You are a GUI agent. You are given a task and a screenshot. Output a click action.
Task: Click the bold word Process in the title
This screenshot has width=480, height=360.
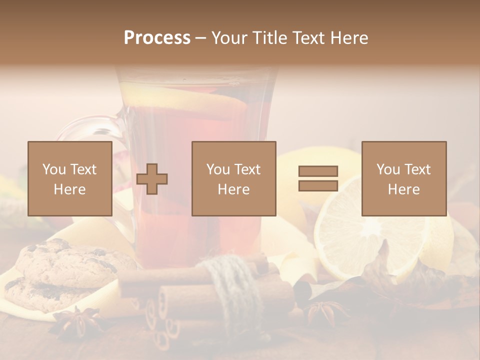157,38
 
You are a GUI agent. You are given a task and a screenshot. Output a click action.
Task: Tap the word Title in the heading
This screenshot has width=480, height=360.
270,38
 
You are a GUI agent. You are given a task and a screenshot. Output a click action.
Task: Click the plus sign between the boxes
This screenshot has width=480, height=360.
152,179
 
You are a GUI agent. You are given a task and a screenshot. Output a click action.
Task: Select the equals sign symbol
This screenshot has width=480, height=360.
318,178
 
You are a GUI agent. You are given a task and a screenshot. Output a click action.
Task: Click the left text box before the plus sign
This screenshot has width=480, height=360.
70,178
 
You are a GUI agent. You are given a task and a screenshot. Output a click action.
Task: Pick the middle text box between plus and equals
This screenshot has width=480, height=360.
234,178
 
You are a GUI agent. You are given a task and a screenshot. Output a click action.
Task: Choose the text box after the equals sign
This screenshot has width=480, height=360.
404,178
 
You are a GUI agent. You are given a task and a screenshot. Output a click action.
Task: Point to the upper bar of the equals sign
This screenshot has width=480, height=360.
318,171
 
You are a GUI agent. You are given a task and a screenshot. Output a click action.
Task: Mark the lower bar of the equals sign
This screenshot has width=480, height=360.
318,186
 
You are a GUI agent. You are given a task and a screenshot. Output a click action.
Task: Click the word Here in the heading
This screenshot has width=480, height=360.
348,38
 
